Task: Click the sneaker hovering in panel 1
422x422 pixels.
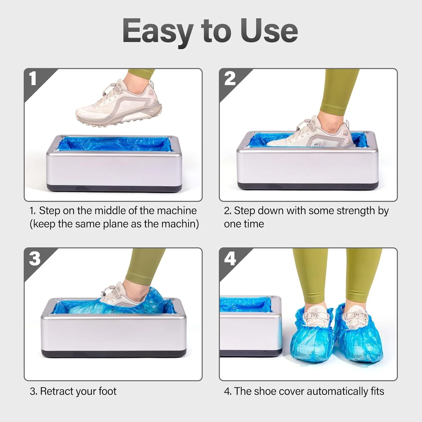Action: (x=119, y=104)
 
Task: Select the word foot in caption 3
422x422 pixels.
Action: (x=107, y=391)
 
